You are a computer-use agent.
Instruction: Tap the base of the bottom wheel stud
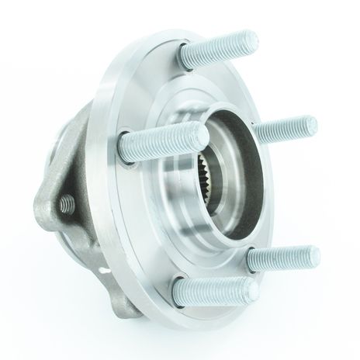181,289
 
